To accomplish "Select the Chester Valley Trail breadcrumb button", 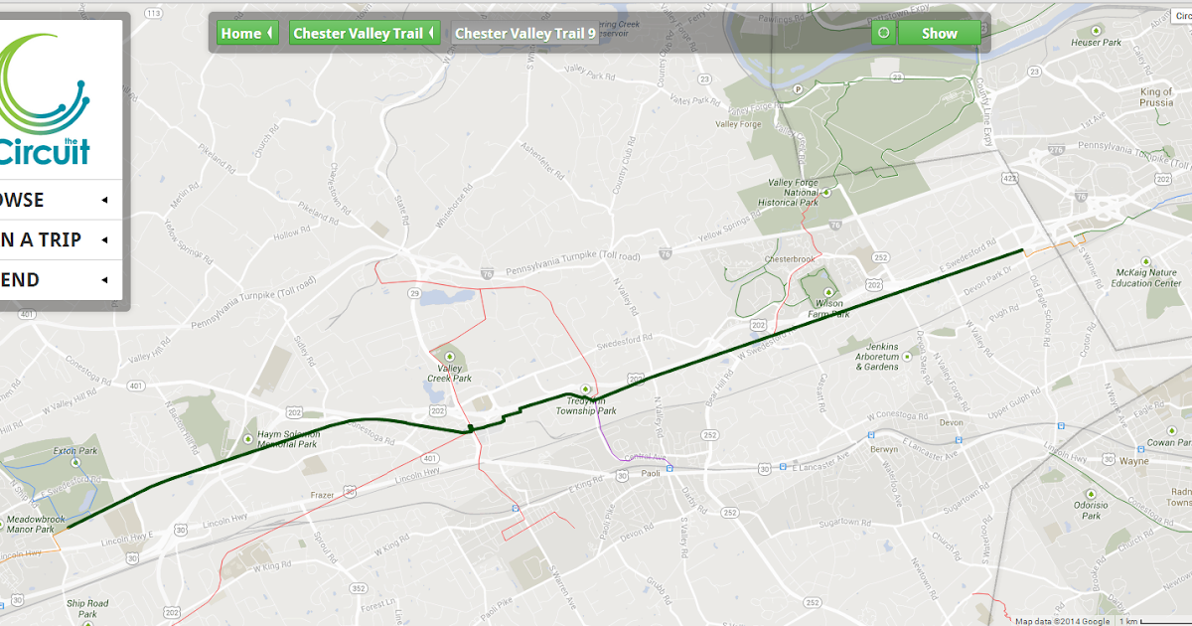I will click(364, 34).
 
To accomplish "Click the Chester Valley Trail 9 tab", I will click(525, 34).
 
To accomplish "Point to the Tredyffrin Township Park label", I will click(585, 405).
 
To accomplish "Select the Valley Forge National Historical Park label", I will click(793, 192).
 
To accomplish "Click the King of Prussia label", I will click(1155, 97).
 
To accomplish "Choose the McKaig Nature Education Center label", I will click(1145, 277).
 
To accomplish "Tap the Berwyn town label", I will click(856, 449).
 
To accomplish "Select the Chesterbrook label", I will click(789, 259).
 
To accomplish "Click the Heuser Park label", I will click(1097, 43).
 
